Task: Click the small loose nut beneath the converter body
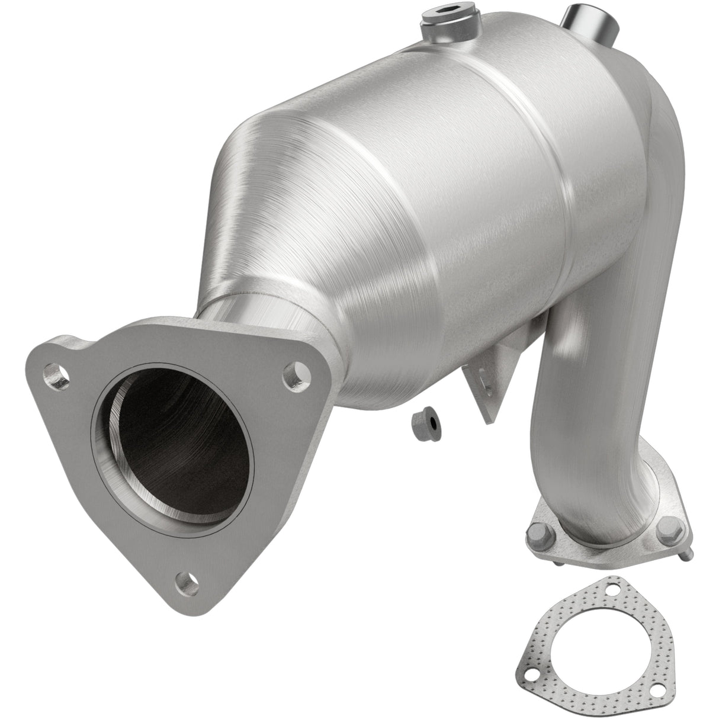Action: tap(425, 423)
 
